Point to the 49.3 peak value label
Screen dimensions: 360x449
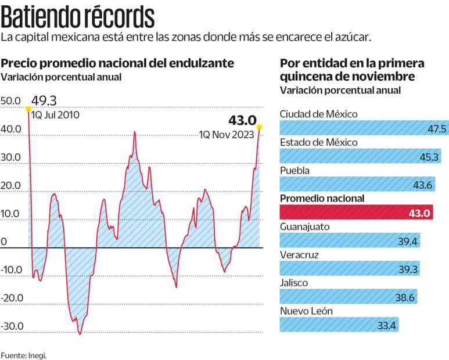(x=43, y=100)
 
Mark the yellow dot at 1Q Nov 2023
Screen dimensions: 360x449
(x=260, y=127)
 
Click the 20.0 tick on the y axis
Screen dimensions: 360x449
(x=12, y=186)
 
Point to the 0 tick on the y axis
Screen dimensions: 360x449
(x=4, y=242)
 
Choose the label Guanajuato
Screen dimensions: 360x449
(x=306, y=226)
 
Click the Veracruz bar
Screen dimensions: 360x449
(x=350, y=269)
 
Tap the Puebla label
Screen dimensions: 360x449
(x=294, y=171)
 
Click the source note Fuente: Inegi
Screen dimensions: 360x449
(x=24, y=354)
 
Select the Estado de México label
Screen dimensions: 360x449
(x=319, y=142)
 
